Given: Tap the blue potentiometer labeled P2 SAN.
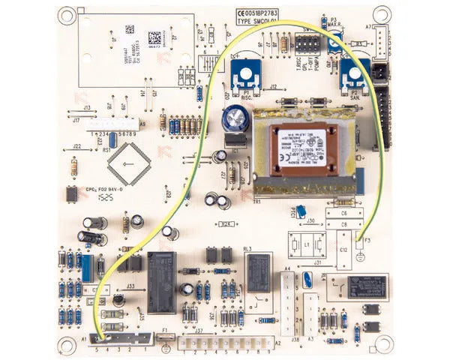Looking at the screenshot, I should (x=350, y=73).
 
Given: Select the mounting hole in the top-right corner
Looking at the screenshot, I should (x=382, y=14).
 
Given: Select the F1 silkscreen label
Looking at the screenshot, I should (x=165, y=330).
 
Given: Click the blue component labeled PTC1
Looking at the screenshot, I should (x=301, y=212).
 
